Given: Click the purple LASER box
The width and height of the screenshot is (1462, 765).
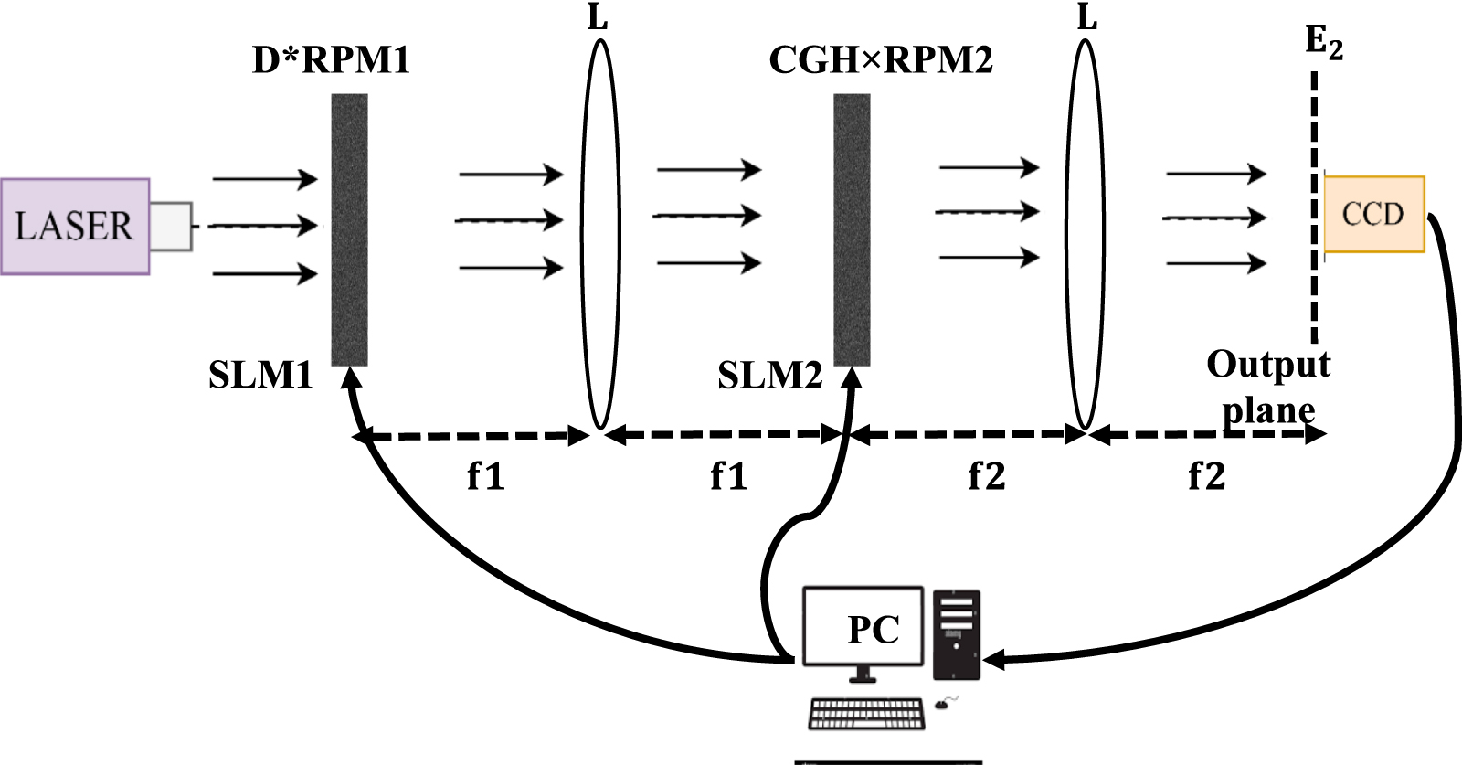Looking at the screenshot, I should (x=75, y=226).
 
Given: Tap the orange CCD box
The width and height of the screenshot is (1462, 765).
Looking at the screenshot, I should (x=1373, y=214).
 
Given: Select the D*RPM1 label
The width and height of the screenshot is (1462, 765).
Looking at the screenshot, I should (x=331, y=60).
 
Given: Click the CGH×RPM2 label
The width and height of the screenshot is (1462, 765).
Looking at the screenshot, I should (x=881, y=60).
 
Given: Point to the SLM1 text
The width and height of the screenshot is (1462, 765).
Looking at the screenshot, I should (x=260, y=375).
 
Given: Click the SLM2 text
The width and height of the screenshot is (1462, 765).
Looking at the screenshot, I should (x=769, y=375).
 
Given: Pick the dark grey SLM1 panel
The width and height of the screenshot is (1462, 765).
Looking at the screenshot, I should (x=349, y=228).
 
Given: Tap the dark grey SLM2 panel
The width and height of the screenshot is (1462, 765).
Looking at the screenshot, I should (x=852, y=228).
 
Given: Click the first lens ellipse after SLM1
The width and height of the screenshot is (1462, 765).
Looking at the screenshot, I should (x=600, y=233).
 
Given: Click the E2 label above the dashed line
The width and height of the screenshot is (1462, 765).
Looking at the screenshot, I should (x=1323, y=42).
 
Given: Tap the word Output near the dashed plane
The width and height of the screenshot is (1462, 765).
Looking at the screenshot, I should (x=1268, y=364).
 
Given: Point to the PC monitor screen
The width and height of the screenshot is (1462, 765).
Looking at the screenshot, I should (x=863, y=627).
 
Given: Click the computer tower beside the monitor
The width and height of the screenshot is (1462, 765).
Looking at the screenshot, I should (x=957, y=634).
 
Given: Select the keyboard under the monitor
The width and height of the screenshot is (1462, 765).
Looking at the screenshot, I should (x=866, y=714).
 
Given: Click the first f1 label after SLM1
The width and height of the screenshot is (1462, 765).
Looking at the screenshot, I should (x=485, y=476).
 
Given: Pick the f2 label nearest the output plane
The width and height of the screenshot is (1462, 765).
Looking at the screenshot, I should (x=1206, y=476).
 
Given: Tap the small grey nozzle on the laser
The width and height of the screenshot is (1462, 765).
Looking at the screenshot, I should (x=171, y=226).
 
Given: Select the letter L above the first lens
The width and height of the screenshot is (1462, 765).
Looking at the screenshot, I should (x=598, y=16).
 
